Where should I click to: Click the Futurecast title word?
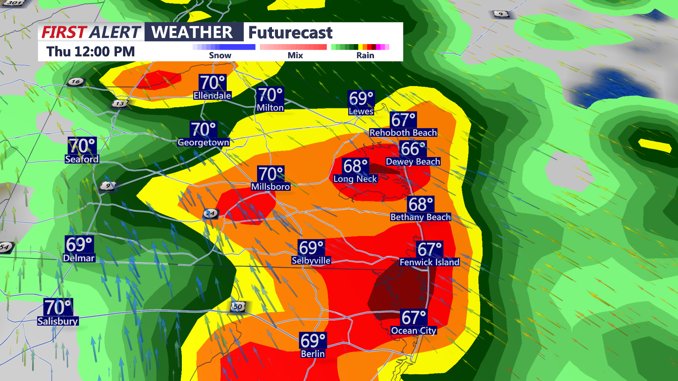click(x=290, y=33)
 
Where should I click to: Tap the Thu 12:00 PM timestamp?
click(x=90, y=52)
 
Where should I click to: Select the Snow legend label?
click(x=220, y=55)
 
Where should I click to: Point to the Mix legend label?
click(x=295, y=55)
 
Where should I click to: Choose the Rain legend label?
click(x=365, y=55)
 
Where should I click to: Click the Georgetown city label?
click(x=203, y=143)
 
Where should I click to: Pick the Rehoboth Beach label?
click(x=403, y=133)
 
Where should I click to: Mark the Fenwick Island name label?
click(x=429, y=262)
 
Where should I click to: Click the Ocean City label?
click(x=414, y=331)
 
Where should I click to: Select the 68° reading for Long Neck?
click(x=356, y=166)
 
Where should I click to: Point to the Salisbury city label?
click(x=58, y=321)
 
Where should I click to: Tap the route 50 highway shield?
click(x=238, y=307)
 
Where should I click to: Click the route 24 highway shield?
click(x=210, y=213)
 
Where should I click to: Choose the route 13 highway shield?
click(x=120, y=104)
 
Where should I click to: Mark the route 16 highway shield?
click(x=76, y=81)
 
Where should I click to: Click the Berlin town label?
click(x=313, y=354)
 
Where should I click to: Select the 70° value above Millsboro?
click(x=271, y=174)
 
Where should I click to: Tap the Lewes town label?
click(x=361, y=111)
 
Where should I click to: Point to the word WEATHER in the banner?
click(x=192, y=32)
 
